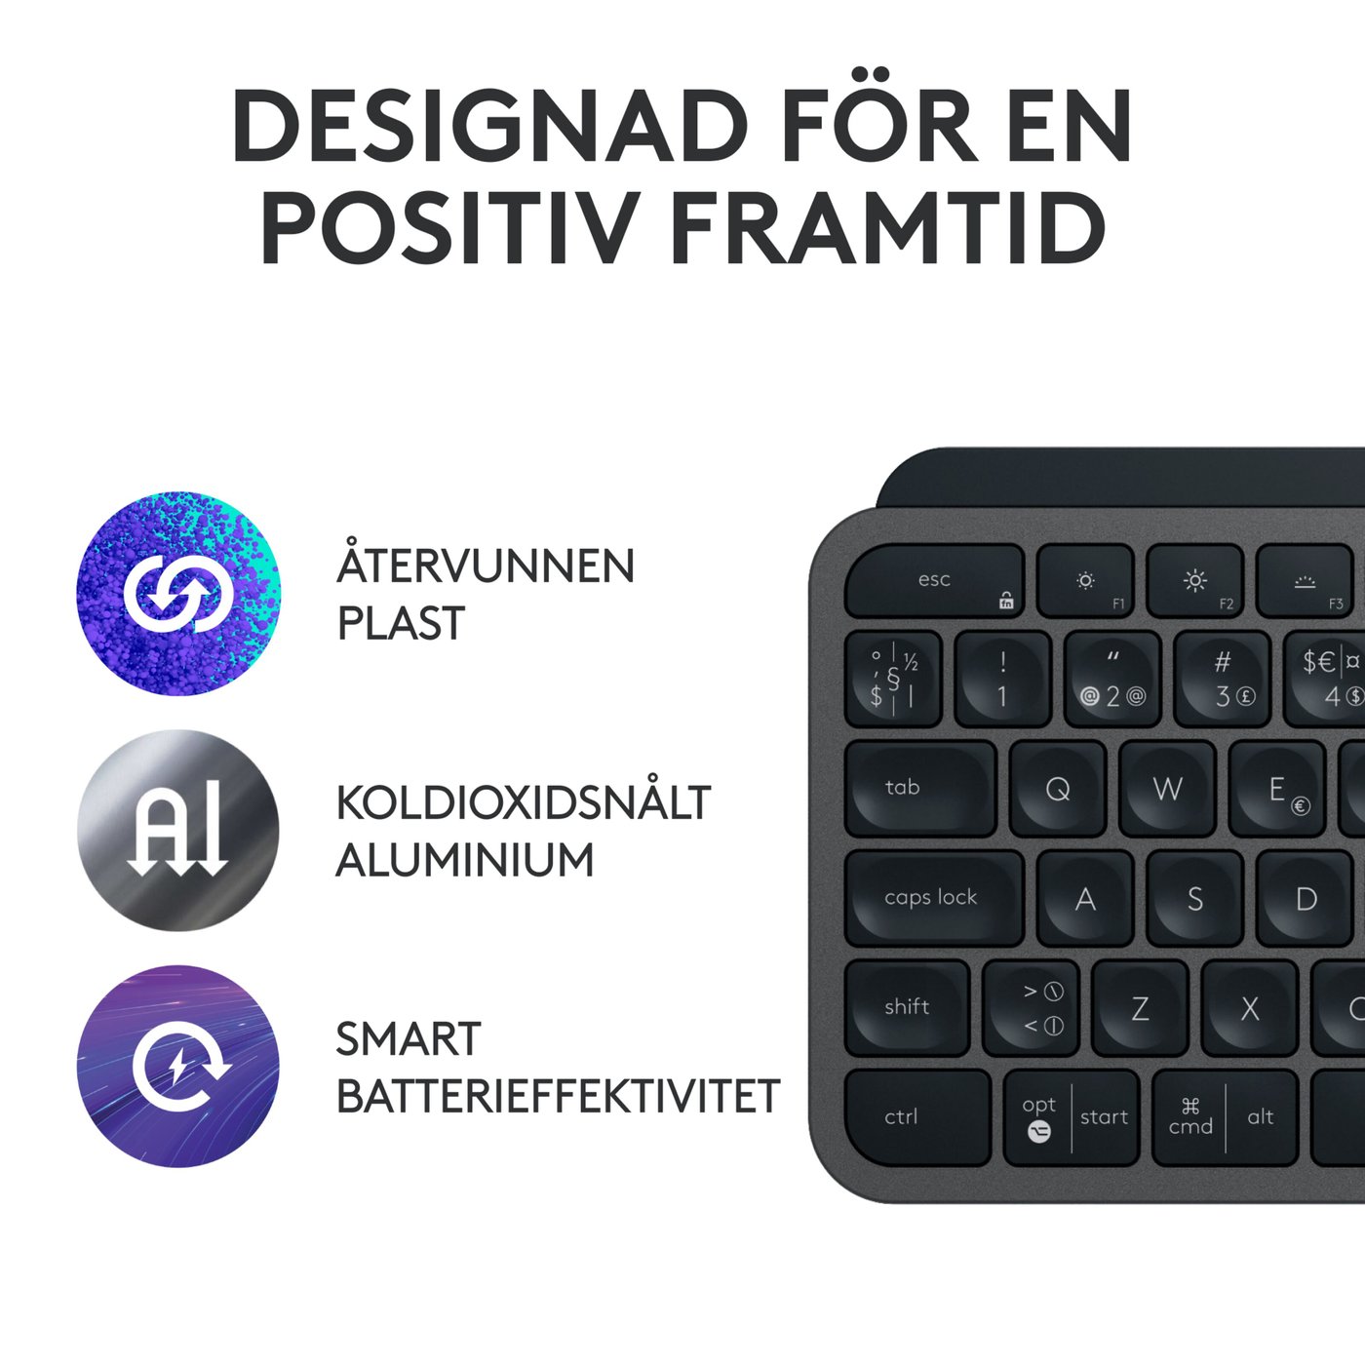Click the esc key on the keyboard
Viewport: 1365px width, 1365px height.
coord(933,581)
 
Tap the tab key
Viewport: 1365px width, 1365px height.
coord(918,788)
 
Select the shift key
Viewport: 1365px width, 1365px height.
coord(906,1007)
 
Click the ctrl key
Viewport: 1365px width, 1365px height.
coord(915,1117)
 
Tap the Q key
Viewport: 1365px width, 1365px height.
coord(1058,788)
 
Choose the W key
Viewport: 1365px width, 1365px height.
coord(1167,788)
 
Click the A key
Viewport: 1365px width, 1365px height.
coord(1085,898)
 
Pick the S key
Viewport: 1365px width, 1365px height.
coord(1195,898)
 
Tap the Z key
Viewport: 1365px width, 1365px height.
coord(1140,1007)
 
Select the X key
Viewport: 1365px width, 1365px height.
coord(1250,1007)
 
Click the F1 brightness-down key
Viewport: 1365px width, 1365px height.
coord(1085,581)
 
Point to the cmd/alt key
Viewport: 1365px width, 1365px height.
coord(1225,1117)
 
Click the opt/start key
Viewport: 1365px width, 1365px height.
coord(1072,1117)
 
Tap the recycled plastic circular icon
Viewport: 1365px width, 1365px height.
coord(178,593)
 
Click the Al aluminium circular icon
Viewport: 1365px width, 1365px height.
coord(178,830)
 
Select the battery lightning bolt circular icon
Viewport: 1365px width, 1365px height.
coord(178,1067)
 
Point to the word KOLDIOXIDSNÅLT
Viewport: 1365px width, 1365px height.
coord(524,803)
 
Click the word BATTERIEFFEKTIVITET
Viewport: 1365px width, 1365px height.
coord(558,1097)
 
